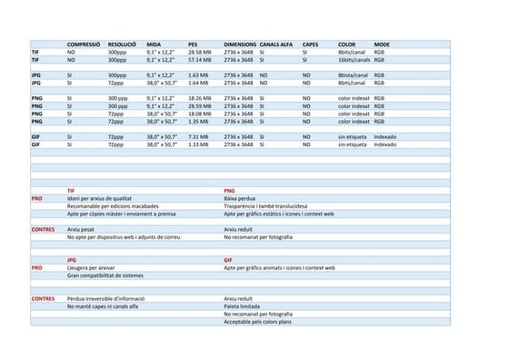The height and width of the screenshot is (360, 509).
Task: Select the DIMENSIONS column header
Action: pyautogui.click(x=240, y=44)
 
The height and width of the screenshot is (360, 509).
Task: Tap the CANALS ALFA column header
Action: pyautogui.click(x=276, y=44)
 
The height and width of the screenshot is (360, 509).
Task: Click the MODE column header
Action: pyautogui.click(x=382, y=44)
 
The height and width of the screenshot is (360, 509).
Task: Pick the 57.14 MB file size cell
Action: pyautogui.click(x=200, y=59)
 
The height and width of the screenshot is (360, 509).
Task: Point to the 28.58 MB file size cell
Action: pyautogui.click(x=200, y=52)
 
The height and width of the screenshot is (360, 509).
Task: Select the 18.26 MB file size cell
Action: pyautogui.click(x=200, y=98)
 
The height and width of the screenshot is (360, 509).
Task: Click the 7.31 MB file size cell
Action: pyautogui.click(x=198, y=136)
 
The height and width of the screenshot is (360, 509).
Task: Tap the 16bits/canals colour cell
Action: pyautogui.click(x=354, y=59)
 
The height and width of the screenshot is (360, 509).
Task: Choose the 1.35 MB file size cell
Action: pyautogui.click(x=198, y=121)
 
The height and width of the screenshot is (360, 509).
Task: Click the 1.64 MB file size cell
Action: pyautogui.click(x=198, y=83)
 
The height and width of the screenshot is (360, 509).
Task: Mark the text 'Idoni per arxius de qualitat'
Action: pyautogui.click(x=99, y=198)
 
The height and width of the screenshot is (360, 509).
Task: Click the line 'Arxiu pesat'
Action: pyautogui.click(x=81, y=229)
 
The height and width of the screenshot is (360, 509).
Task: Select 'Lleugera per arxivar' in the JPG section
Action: pyautogui.click(x=91, y=267)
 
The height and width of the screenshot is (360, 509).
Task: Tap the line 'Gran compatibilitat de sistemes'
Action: pyautogui.click(x=105, y=275)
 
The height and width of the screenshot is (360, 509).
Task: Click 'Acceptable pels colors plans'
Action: pyautogui.click(x=258, y=322)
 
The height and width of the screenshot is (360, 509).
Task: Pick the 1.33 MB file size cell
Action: pyautogui.click(x=198, y=144)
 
